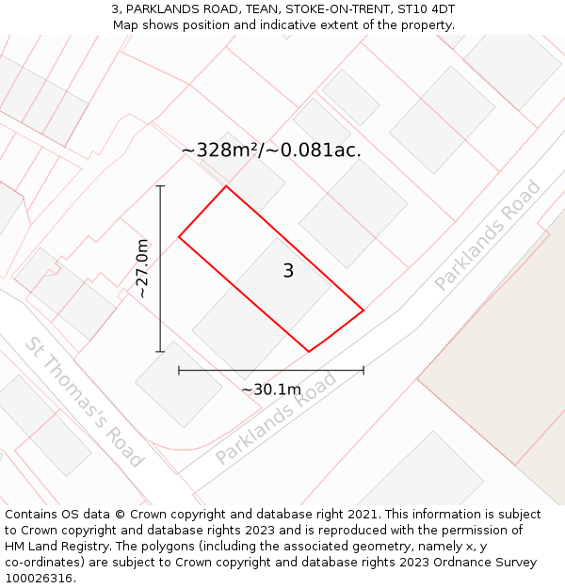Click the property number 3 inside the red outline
coord(288,271)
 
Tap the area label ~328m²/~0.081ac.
coord(271,151)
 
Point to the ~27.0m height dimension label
coord(141,268)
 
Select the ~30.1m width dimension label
coord(271,389)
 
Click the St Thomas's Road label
coord(85,402)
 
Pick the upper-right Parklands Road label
coord(488,235)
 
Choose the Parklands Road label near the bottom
coord(276,419)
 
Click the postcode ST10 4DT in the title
coord(427,8)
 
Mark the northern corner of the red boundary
coord(226,186)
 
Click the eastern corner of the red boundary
coord(363,310)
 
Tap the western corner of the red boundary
coord(179,236)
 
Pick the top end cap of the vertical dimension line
coord(160,186)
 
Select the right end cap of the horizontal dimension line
coord(363,371)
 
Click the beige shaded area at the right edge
coord(508,358)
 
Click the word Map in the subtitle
coord(126,24)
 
